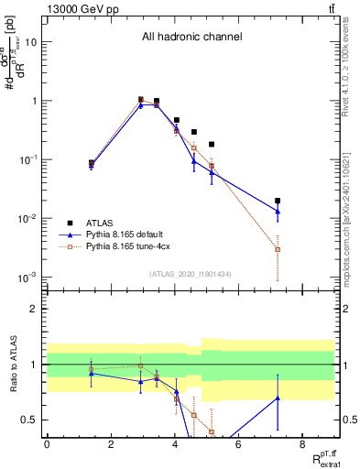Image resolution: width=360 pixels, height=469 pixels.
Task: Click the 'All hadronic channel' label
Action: (191, 38)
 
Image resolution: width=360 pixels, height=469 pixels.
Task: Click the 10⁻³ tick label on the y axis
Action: (29, 277)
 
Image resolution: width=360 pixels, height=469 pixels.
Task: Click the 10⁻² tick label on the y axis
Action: (29, 218)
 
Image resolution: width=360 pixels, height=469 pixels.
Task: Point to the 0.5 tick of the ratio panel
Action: (31, 420)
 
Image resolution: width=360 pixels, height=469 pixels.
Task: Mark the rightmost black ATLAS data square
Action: (278, 201)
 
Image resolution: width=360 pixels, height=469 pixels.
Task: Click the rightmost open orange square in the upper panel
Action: (278, 249)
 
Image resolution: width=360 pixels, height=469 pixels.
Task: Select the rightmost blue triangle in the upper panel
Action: (278, 212)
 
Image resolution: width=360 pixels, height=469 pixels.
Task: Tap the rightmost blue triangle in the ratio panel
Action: (278, 398)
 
